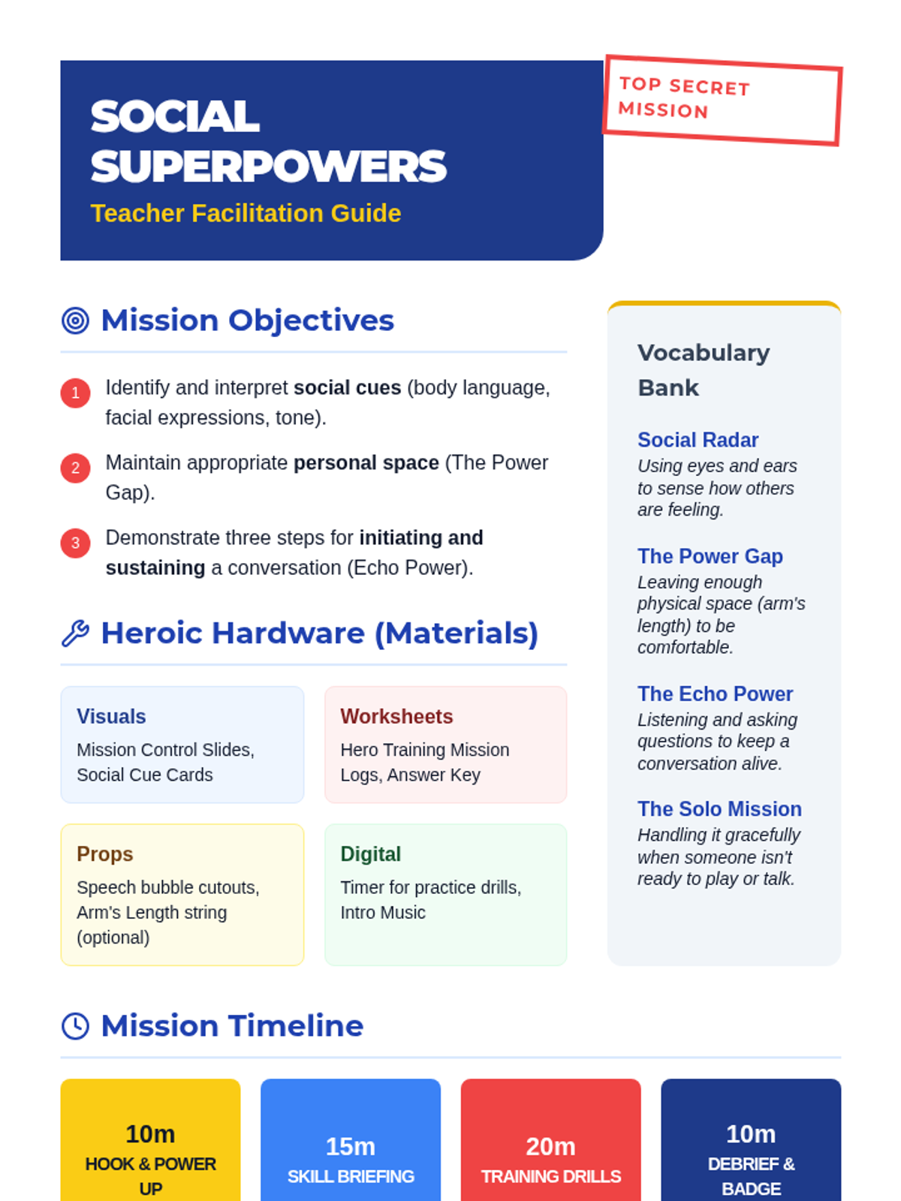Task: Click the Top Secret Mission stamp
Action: [722, 100]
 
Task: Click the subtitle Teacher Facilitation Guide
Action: [246, 213]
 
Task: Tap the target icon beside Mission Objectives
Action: [76, 320]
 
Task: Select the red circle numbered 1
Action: [76, 393]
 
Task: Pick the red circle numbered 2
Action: [76, 468]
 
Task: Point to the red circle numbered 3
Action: [76, 543]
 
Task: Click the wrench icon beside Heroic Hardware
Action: [76, 633]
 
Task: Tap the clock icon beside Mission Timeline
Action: [76, 1025]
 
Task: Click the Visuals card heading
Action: [111, 716]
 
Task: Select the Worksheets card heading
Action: [396, 716]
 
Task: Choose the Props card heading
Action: [105, 854]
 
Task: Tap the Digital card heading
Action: [370, 854]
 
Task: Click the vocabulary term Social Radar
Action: [698, 440]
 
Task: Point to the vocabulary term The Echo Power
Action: [715, 694]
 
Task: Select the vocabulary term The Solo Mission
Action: [719, 808]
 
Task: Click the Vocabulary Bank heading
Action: [704, 370]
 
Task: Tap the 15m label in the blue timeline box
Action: [351, 1146]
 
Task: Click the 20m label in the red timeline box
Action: [551, 1146]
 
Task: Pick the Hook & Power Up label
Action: [150, 1175]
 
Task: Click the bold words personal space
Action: [366, 463]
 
